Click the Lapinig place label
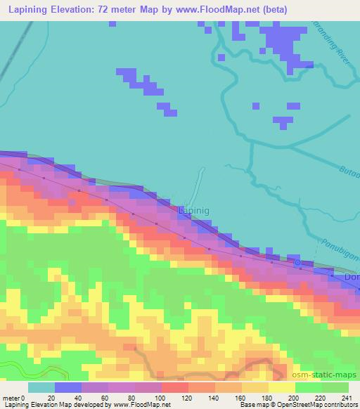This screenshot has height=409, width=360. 193,209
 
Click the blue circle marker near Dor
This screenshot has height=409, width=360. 297,263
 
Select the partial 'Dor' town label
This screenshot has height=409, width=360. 352,278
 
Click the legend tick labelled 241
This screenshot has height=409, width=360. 347,398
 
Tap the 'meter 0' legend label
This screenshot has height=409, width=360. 15,398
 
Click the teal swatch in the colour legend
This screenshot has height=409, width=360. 41,387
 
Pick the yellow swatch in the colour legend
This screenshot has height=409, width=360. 281,387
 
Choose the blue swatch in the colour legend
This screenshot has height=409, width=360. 68,387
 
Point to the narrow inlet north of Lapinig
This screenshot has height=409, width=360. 199,181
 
